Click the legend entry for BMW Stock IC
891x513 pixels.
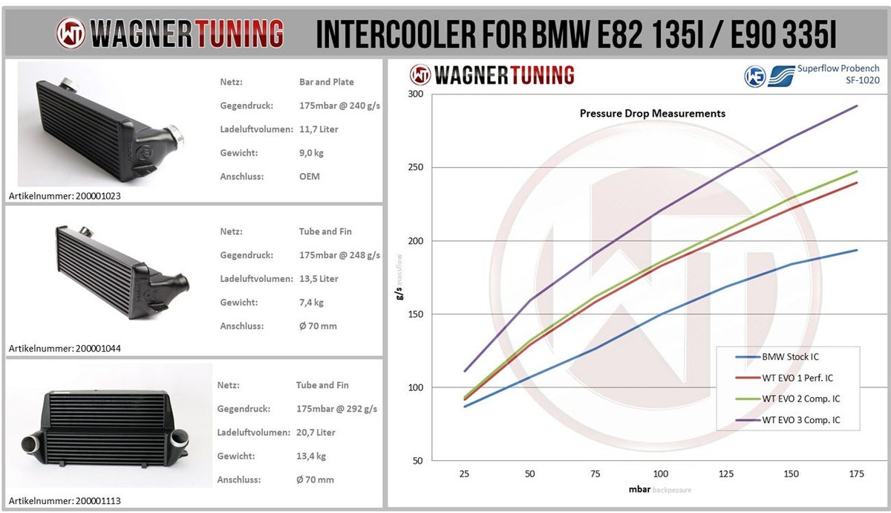[790, 357]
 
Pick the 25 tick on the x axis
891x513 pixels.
[465, 474]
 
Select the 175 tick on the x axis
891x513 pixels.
[856, 474]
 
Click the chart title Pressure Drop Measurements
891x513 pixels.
[652, 114]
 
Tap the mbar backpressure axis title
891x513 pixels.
[660, 490]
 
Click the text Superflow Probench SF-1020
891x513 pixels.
[838, 74]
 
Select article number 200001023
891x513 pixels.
[64, 196]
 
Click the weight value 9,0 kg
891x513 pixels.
[311, 153]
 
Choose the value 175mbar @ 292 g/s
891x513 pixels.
[336, 409]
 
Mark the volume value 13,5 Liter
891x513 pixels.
[319, 279]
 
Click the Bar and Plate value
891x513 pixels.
[327, 82]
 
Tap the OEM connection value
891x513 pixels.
[310, 177]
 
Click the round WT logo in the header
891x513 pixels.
[71, 33]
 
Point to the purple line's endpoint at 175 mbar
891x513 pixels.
[857, 106]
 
